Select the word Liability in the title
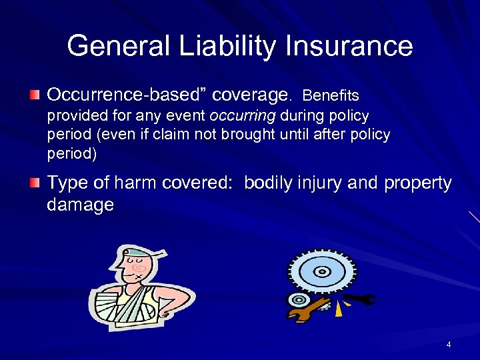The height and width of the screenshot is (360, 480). pyautogui.click(x=203, y=46)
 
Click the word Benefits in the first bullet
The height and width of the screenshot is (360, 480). pyautogui.click(x=331, y=97)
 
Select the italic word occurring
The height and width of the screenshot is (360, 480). pyautogui.click(x=243, y=116)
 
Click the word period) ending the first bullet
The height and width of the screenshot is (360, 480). pyautogui.click(x=71, y=153)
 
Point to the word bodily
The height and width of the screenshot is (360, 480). pyautogui.click(x=267, y=183)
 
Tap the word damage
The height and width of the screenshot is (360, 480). pyautogui.click(x=80, y=205)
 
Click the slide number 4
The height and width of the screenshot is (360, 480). pyautogui.click(x=449, y=345)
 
